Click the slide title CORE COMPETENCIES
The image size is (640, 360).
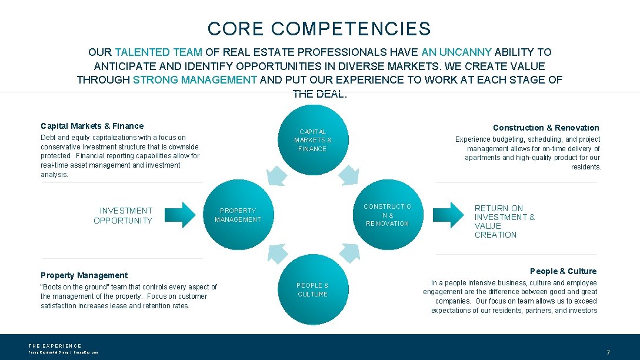point(319,29)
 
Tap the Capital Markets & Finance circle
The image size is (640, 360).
point(312,140)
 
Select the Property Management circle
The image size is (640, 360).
point(238,215)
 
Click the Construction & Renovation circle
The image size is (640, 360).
point(387,215)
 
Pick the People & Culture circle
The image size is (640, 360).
point(312,289)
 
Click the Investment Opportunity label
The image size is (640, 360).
point(123,215)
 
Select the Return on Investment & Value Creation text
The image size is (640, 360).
point(504,221)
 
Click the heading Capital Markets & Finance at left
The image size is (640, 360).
point(92,126)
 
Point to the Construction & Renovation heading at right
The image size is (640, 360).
point(546,128)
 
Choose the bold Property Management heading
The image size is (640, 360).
point(84,275)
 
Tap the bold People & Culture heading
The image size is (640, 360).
point(563,271)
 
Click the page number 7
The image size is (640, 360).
point(608,353)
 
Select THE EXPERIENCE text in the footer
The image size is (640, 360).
point(55,346)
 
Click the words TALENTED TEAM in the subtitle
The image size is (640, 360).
point(158,52)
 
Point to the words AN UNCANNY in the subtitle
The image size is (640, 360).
point(457,52)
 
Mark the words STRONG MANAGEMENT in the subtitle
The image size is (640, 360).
point(195,80)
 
